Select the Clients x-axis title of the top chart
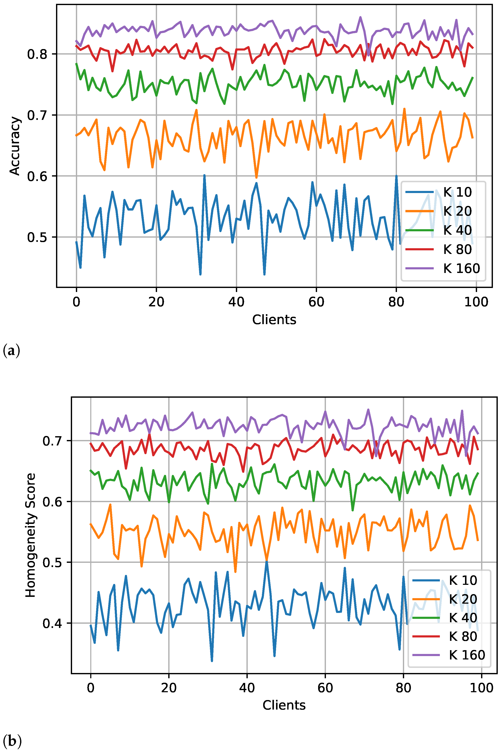(x=274, y=320)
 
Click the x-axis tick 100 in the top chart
(x=476, y=302)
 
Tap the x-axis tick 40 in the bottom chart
(x=247, y=688)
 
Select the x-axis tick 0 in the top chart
(x=76, y=302)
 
